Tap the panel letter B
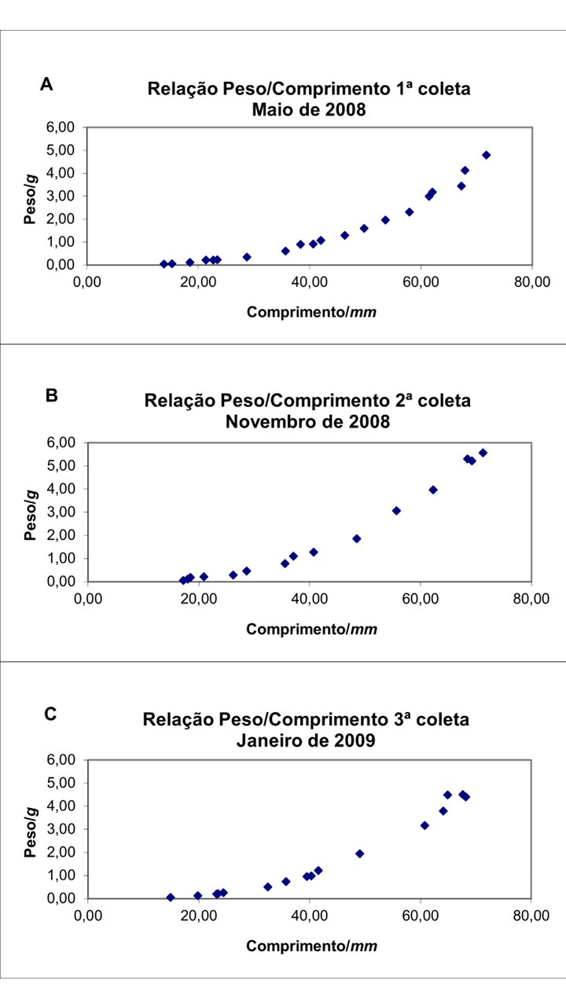pyautogui.click(x=52, y=395)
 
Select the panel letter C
pyautogui.click(x=50, y=714)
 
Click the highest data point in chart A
pyautogui.click(x=487, y=155)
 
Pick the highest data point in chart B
pyautogui.click(x=483, y=453)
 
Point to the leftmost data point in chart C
pyautogui.click(x=171, y=898)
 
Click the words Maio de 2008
pyautogui.click(x=308, y=109)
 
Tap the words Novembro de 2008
pyautogui.click(x=307, y=421)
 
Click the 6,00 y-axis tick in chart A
pyautogui.click(x=61, y=127)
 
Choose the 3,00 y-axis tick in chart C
pyautogui.click(x=61, y=829)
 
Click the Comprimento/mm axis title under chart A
pyautogui.click(x=311, y=312)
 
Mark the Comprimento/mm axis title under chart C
pyautogui.click(x=311, y=945)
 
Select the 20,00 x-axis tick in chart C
pyautogui.click(x=198, y=916)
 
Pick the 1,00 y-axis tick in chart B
pyautogui.click(x=61, y=559)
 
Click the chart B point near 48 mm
pyautogui.click(x=356, y=538)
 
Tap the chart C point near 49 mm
pyautogui.click(x=359, y=854)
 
